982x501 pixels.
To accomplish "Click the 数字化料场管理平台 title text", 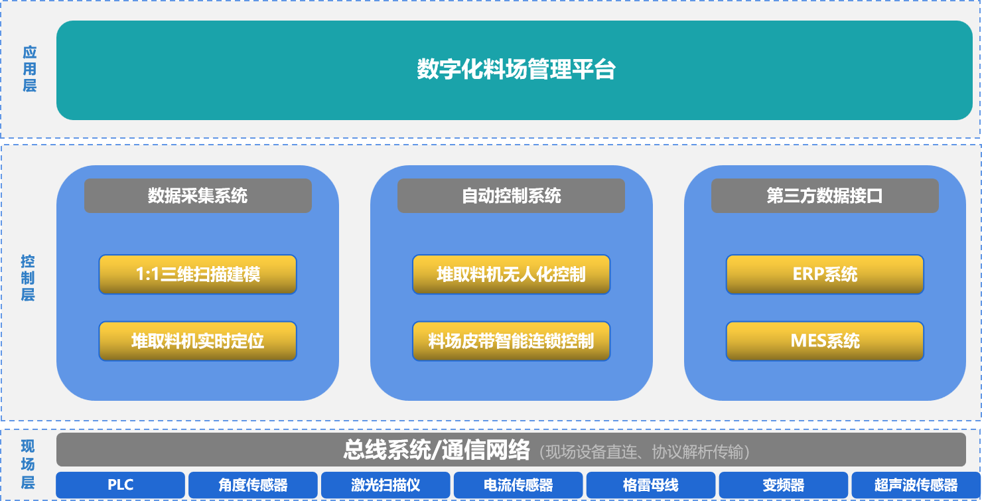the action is point(516,69).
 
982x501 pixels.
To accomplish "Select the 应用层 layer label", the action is point(29,69).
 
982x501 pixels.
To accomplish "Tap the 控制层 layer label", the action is point(28,278).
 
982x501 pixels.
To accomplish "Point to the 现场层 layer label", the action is point(28,465).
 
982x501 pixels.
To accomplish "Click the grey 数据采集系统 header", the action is point(198,196).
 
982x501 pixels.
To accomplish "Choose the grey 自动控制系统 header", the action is point(511,196).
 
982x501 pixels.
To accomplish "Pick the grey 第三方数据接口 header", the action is point(825,196).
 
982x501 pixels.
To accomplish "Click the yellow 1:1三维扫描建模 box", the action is point(198,274).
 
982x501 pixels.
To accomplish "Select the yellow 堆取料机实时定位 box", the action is point(198,341).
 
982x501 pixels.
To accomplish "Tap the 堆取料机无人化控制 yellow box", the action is point(511,274).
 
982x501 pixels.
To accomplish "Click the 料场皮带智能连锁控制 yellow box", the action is point(511,341).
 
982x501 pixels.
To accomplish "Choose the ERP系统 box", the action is point(825,274).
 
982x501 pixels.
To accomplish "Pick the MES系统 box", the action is point(825,341).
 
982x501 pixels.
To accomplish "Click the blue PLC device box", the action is point(121,485).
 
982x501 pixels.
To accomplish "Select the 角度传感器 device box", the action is point(253,485).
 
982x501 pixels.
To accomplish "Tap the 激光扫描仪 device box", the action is point(386,485).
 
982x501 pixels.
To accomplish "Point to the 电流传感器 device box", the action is point(518,485).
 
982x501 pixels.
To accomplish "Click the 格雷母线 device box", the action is point(651,485).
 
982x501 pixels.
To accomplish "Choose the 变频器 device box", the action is point(784,485).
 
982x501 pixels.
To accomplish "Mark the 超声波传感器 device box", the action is point(916,485).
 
